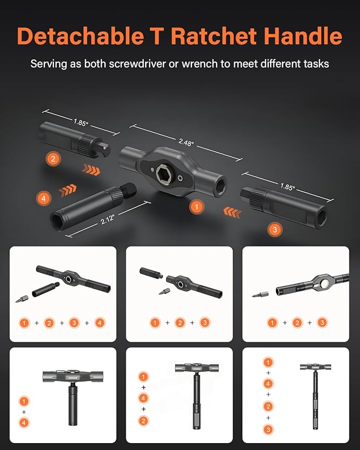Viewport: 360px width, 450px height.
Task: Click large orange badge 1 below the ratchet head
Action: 197,207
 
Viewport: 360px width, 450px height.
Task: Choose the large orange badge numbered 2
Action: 52,158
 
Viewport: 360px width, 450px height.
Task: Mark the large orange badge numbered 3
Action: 274,230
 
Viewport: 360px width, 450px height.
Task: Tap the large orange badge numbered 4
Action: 43,198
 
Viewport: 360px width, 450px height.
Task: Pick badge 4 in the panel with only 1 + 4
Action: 24,422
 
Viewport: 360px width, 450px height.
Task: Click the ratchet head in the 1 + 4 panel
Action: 71,377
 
